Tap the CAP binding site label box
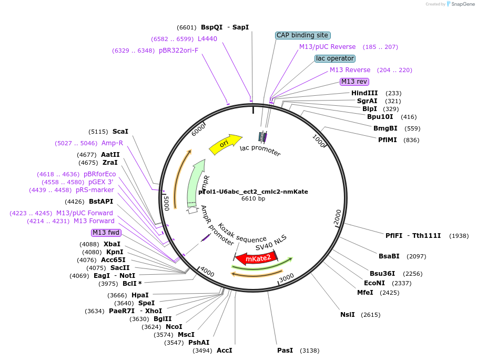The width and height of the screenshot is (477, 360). click(x=302, y=35)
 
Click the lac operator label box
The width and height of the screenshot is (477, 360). click(x=335, y=58)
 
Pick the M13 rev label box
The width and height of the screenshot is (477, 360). click(x=354, y=82)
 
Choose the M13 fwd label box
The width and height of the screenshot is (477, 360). click(x=106, y=233)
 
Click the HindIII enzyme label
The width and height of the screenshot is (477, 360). click(x=365, y=93)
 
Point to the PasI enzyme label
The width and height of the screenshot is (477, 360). click(x=285, y=351)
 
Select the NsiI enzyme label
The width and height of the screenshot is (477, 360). click(x=348, y=315)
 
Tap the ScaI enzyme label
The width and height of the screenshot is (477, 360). click(x=120, y=132)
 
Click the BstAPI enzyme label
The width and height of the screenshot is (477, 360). click(x=101, y=202)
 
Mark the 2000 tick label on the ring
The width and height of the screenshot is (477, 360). click(x=338, y=216)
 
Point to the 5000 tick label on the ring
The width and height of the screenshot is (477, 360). click(x=166, y=203)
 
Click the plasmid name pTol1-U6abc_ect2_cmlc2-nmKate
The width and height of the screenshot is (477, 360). click(x=253, y=192)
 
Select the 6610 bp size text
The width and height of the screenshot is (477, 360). click(x=253, y=198)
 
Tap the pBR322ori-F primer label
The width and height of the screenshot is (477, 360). click(x=178, y=51)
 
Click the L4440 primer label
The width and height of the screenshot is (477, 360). click(x=207, y=39)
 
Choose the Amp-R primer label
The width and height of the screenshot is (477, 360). click(x=112, y=143)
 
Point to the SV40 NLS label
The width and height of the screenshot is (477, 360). click(x=271, y=243)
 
